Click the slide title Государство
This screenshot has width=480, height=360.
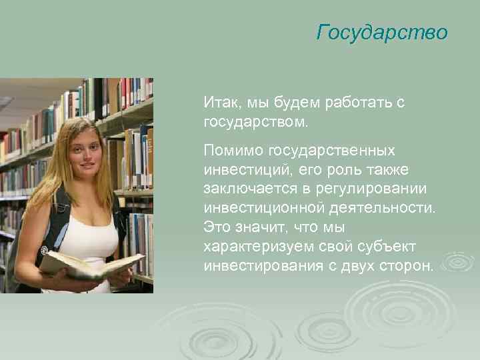click(x=382, y=32)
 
